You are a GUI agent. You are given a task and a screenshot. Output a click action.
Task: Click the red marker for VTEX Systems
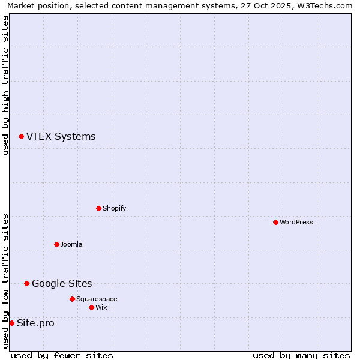pyautogui.click(x=21, y=137)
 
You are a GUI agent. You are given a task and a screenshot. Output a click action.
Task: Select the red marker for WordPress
pyautogui.click(x=275, y=222)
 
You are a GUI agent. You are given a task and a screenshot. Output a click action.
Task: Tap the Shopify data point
pyautogui.click(x=98, y=208)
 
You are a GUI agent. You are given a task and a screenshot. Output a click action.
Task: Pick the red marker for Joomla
pyautogui.click(x=56, y=244)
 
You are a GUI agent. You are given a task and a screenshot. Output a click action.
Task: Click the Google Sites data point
pyautogui.click(x=26, y=283)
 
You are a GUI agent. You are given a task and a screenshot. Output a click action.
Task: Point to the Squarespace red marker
pyautogui.click(x=72, y=299)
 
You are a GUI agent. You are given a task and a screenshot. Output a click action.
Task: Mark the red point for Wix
pyautogui.click(x=91, y=307)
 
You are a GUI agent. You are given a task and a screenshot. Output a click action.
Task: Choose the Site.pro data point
pyautogui.click(x=11, y=323)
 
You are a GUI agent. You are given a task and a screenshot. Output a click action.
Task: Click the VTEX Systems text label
pyautogui.click(x=61, y=137)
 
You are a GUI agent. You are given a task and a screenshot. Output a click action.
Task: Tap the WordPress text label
pyautogui.click(x=296, y=222)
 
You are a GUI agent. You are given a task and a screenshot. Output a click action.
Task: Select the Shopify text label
pyautogui.click(x=114, y=208)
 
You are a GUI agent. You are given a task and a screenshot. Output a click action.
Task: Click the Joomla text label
pyautogui.click(x=71, y=244)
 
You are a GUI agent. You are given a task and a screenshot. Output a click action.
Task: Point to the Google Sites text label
pyautogui.click(x=62, y=284)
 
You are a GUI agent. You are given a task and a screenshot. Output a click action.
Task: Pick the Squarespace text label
pyautogui.click(x=97, y=299)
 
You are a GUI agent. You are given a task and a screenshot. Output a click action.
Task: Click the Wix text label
pyautogui.click(x=101, y=307)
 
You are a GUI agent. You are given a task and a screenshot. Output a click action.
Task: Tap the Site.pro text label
pyautogui.click(x=35, y=323)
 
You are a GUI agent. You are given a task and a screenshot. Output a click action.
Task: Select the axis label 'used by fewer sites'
pyautogui.click(x=62, y=355)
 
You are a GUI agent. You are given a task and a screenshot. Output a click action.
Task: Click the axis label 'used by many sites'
pyautogui.click(x=301, y=355)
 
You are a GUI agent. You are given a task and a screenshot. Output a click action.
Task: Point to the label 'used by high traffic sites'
pyautogui.click(x=6, y=85)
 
